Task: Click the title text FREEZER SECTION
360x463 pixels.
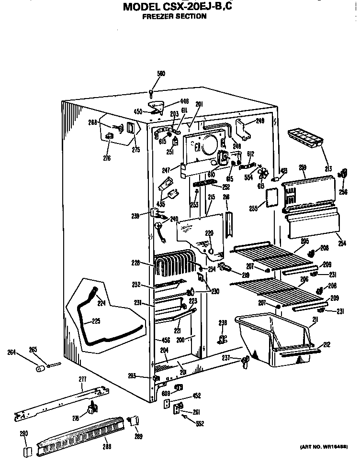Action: (x=175, y=16)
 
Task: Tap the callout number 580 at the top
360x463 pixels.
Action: (x=161, y=74)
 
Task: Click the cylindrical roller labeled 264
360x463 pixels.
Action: (x=40, y=369)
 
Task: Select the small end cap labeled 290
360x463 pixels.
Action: (x=27, y=451)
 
